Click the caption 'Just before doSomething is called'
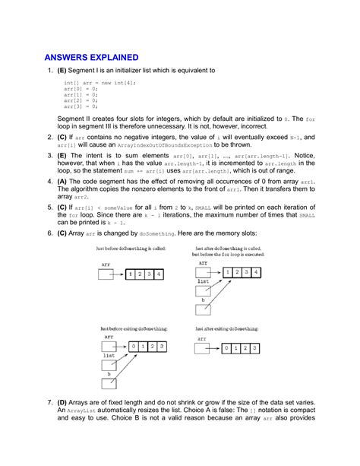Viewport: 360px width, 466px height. [x=130, y=249]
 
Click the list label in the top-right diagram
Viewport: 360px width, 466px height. [x=203, y=281]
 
